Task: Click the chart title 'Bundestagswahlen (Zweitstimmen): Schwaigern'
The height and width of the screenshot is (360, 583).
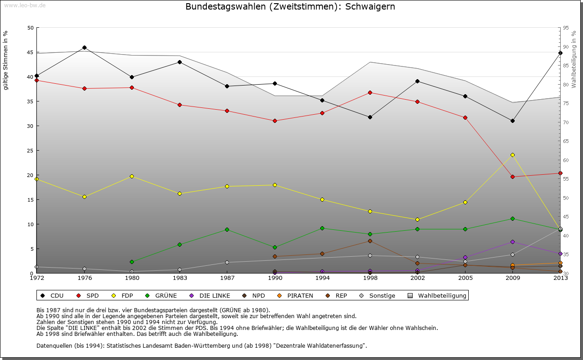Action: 290,7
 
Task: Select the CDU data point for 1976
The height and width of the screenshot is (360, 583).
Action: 84,47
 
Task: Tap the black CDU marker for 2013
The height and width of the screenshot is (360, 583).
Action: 560,53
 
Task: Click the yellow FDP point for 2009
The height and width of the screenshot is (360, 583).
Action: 512,155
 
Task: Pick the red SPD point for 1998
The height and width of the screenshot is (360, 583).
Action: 370,92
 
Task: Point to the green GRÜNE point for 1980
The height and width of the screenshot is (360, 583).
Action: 132,262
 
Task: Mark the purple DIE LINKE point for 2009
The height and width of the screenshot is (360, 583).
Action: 512,242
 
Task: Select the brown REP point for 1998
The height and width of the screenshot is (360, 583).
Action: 370,241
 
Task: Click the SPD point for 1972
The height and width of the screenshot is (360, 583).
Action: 37,80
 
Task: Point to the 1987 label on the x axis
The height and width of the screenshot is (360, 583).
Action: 227,278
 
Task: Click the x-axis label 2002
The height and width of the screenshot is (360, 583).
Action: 417,278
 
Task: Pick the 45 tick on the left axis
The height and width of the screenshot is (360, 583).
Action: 31,52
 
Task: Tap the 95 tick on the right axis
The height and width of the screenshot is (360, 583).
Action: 566,28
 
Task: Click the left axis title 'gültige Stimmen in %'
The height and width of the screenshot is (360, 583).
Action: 5,60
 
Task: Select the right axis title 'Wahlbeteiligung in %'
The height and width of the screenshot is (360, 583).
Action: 573,60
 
